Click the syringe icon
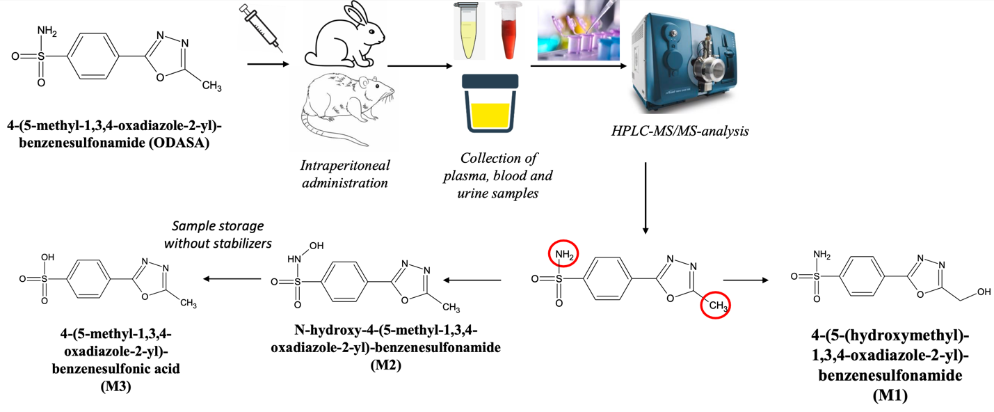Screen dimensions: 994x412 261,28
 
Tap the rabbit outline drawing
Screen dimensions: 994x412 344,35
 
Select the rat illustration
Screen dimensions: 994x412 346,109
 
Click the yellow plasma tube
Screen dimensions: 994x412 469,30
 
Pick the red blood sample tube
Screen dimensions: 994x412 508,30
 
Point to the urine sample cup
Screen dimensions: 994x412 490,104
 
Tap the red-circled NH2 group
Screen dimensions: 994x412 563,255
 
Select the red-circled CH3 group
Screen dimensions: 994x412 715,305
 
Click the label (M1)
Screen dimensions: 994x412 890,395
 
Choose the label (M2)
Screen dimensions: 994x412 385,365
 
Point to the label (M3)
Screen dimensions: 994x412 116,386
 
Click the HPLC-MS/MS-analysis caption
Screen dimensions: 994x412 680,131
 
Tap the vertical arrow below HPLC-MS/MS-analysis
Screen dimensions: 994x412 646,198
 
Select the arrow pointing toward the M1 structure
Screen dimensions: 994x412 746,280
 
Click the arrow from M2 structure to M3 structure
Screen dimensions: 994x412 232,279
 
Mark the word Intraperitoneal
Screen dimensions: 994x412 345,165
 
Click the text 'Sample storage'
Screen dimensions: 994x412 218,226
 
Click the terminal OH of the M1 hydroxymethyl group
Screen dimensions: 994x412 984,292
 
